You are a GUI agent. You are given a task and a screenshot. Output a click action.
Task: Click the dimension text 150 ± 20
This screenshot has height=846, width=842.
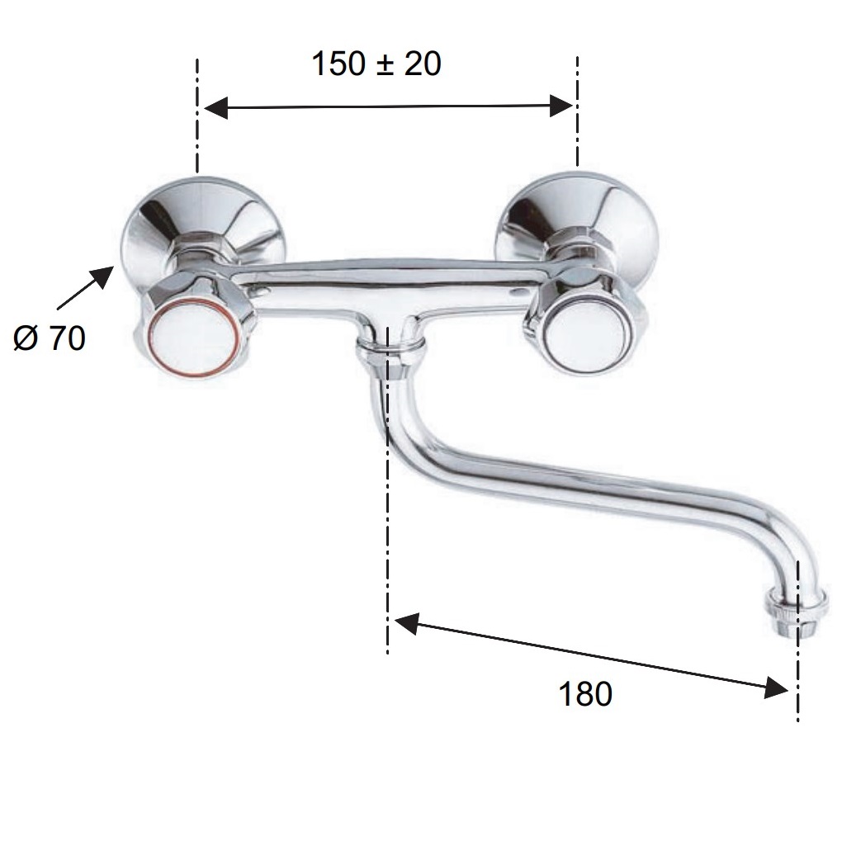click(376, 64)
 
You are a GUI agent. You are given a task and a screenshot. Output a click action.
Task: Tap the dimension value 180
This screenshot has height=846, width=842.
click(585, 694)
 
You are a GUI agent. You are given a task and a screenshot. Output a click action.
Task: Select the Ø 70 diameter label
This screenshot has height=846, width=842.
click(50, 339)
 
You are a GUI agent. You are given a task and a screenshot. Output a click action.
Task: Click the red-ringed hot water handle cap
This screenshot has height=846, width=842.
click(193, 337)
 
